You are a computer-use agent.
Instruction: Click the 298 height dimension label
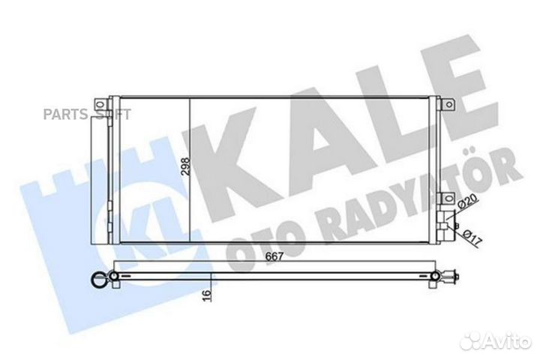[x=185, y=167]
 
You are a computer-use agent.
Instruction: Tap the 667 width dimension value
[x=274, y=256]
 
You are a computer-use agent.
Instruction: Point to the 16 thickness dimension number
[x=206, y=295]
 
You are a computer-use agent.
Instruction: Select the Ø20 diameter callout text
[x=467, y=201]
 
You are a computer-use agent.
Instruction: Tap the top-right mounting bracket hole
[x=448, y=104]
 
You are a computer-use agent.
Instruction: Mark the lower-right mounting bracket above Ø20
[x=447, y=198]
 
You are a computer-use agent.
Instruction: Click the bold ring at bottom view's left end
[x=99, y=279]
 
